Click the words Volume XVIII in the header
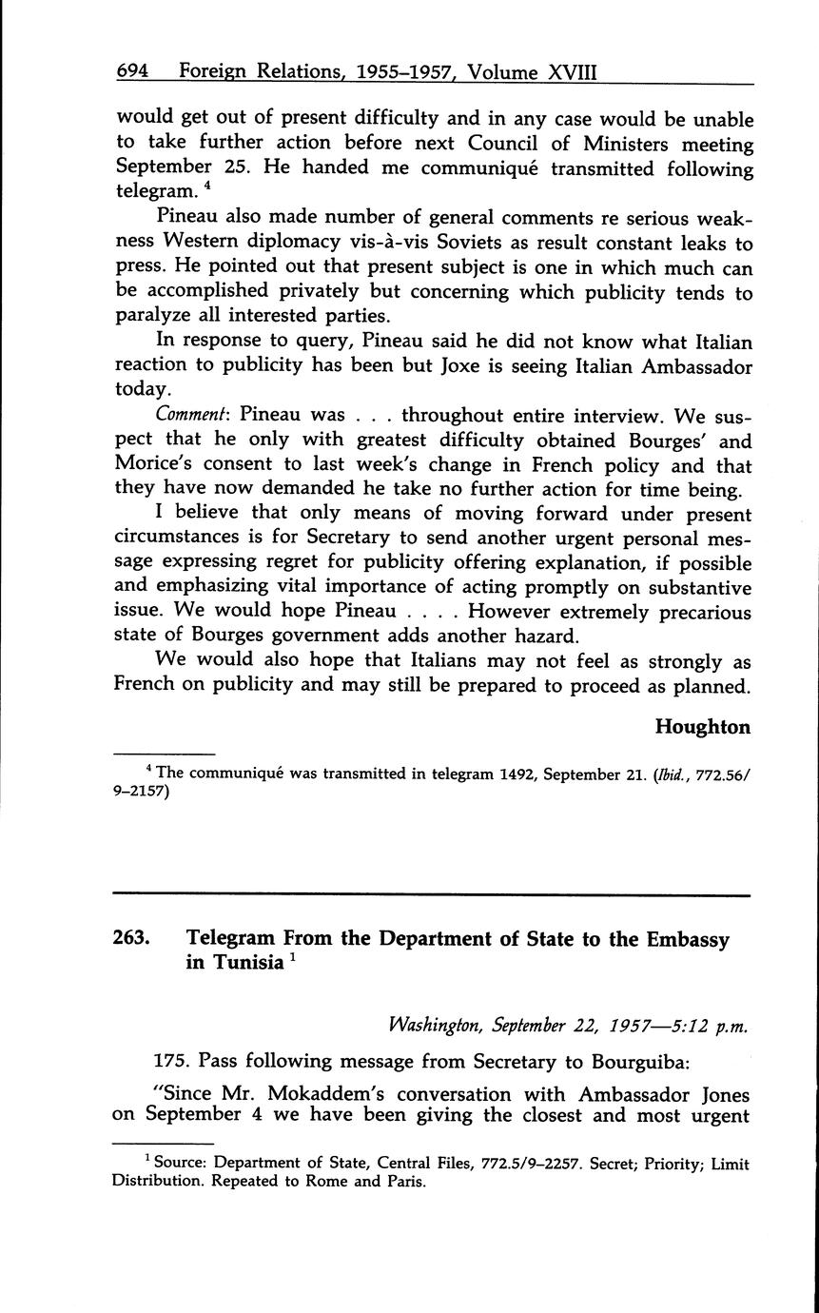[x=539, y=72]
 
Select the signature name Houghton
[x=702, y=727]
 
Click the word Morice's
[x=157, y=466]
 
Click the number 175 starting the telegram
[x=171, y=1061]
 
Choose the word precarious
[x=696, y=613]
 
